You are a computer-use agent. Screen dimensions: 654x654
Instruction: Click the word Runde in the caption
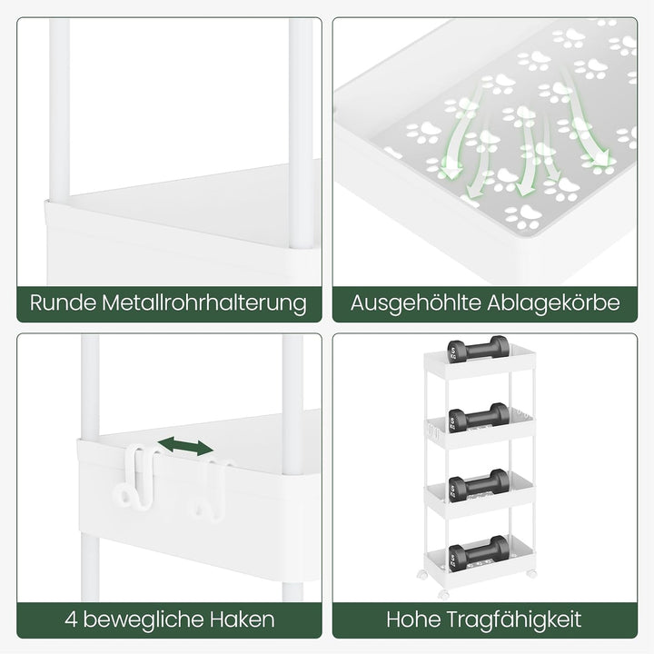point(63,302)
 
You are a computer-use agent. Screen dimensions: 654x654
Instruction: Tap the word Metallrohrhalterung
point(204,303)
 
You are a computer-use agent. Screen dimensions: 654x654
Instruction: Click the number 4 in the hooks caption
point(71,619)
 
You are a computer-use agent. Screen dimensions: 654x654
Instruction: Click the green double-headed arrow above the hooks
point(185,446)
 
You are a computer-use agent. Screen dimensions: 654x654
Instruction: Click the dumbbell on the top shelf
point(478,350)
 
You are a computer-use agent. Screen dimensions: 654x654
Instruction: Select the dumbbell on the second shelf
point(480,418)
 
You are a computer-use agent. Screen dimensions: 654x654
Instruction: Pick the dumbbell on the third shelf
point(480,485)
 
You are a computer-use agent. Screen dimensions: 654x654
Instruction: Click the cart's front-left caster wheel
point(444,594)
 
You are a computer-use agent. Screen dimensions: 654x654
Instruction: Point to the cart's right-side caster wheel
point(531,573)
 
